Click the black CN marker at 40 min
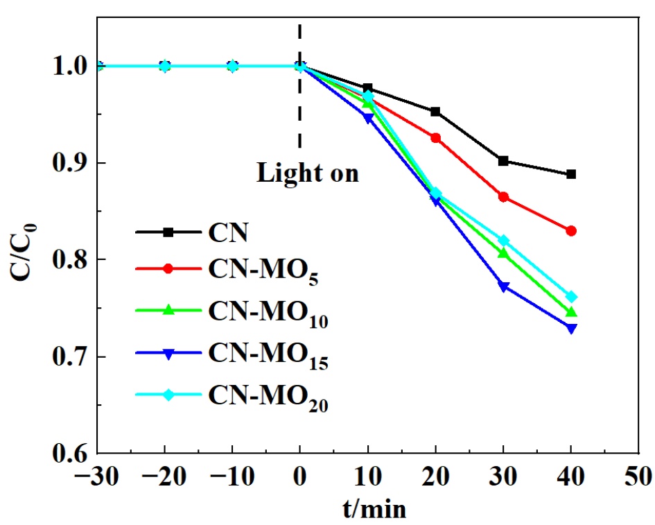(x=571, y=174)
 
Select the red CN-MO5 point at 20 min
(x=435, y=138)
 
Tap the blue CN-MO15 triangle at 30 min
(x=504, y=286)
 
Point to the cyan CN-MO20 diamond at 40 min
(x=571, y=297)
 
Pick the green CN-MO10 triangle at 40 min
(x=571, y=312)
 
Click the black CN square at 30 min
(x=504, y=161)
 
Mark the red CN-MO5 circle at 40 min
(x=571, y=231)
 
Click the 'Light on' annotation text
(x=308, y=173)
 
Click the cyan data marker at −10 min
(x=233, y=67)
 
